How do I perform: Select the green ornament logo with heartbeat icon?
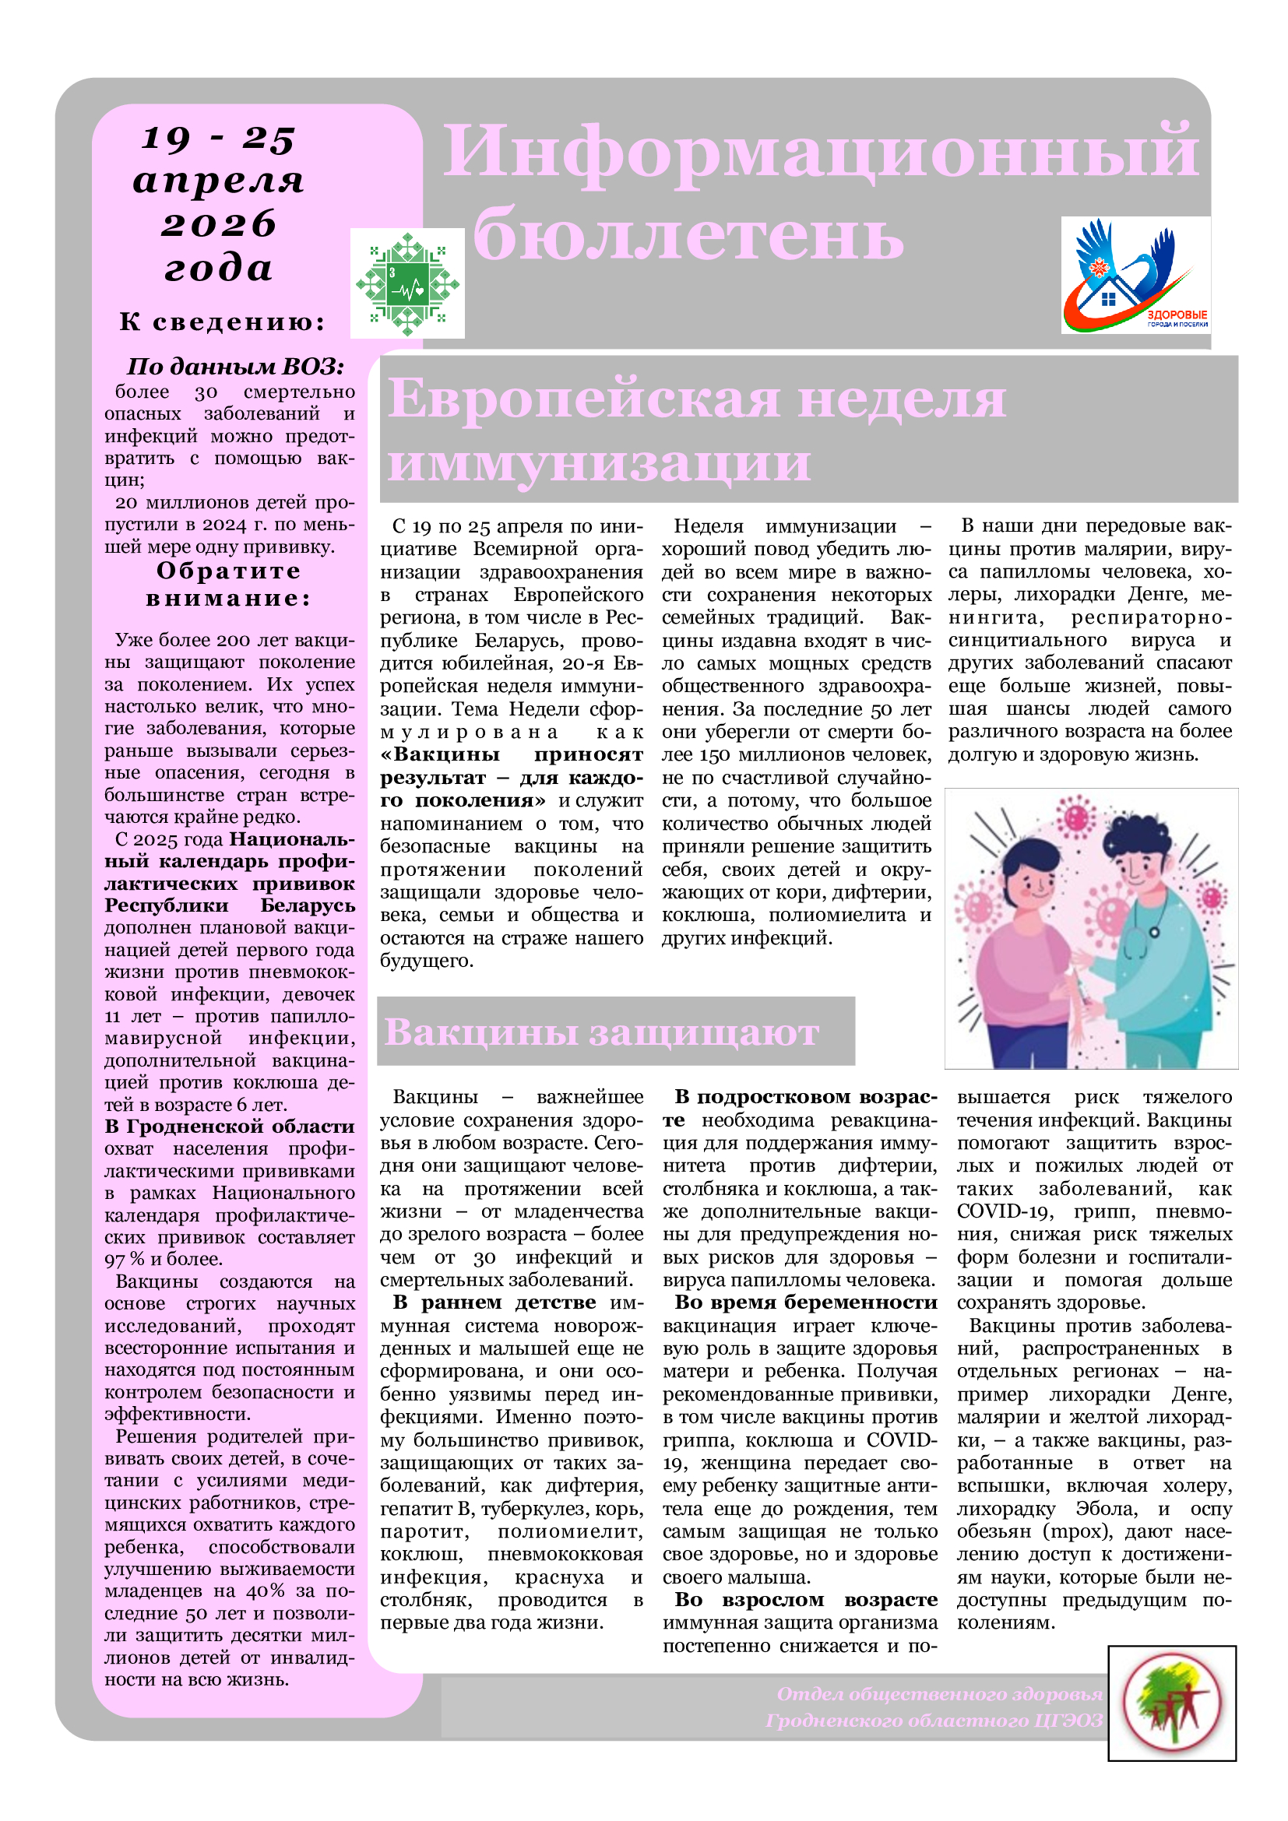(x=406, y=283)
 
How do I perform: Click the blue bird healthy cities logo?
(x=1135, y=274)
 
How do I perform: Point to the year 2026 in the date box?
(x=219, y=224)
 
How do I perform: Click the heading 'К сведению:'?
(x=223, y=322)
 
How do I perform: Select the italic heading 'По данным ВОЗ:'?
(x=235, y=367)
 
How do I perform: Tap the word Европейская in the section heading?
(x=584, y=399)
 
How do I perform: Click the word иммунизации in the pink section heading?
(x=599, y=462)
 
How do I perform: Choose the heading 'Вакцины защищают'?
(x=601, y=1032)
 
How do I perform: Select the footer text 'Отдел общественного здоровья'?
(x=939, y=1694)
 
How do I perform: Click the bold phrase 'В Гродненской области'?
(x=229, y=1127)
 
